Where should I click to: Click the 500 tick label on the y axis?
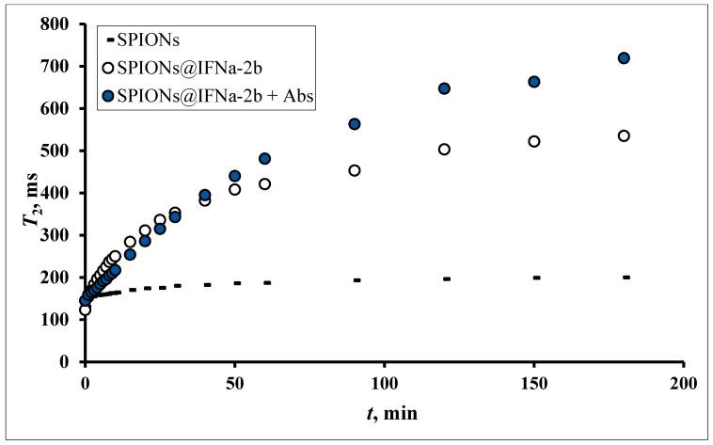click(x=60, y=151)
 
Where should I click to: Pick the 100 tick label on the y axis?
click(x=60, y=320)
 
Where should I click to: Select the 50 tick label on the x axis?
click(x=234, y=383)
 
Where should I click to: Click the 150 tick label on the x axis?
click(x=534, y=383)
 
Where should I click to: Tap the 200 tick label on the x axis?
click(x=684, y=383)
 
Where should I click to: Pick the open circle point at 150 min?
click(x=534, y=141)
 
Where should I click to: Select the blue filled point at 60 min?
click(x=264, y=159)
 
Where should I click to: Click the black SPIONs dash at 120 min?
click(x=447, y=278)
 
